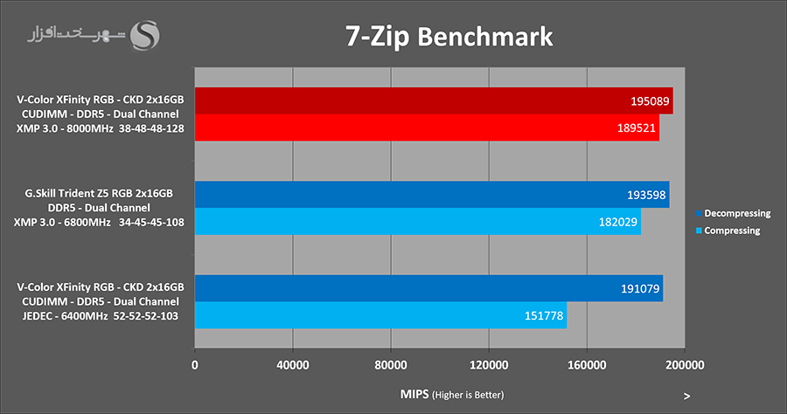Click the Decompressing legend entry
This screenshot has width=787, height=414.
[733, 213]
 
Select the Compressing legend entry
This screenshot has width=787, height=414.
[728, 231]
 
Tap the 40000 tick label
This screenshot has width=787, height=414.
[292, 364]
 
